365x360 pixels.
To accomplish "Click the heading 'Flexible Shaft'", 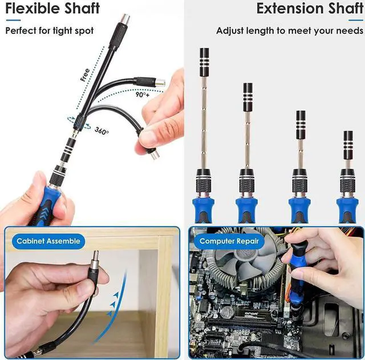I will [52, 9].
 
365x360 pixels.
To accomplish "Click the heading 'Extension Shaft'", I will [309, 9].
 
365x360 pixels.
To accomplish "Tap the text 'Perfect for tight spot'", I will [49, 30].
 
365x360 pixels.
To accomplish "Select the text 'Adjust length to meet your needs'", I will [289, 30].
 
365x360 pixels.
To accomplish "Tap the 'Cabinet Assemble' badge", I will [48, 241].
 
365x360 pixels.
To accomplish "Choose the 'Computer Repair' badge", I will [229, 241].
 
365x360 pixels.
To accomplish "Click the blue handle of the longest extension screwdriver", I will [203, 208].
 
